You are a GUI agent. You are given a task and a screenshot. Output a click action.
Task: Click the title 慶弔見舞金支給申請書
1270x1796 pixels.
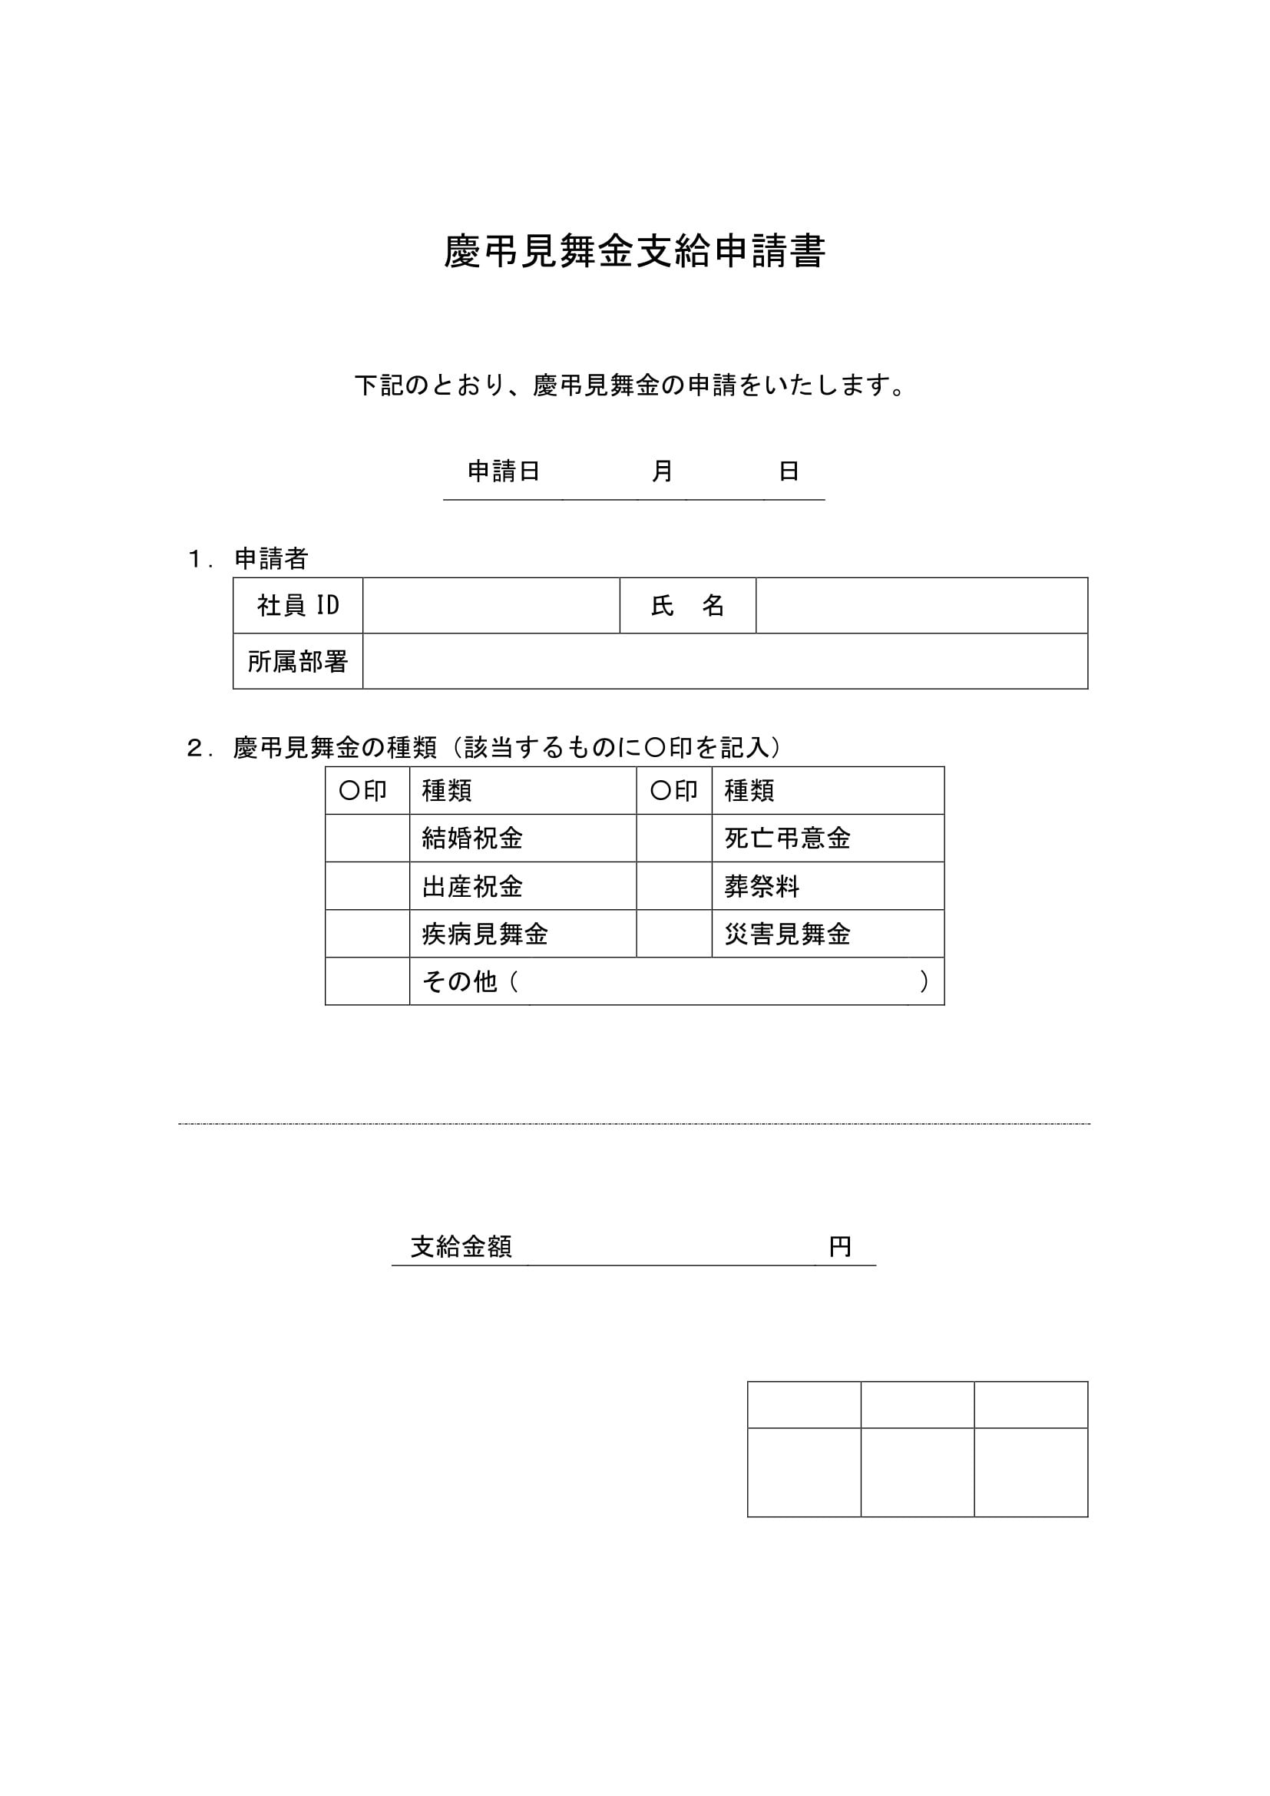pyautogui.click(x=634, y=253)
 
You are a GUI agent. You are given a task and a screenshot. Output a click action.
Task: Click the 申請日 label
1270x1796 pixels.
pyautogui.click(x=504, y=471)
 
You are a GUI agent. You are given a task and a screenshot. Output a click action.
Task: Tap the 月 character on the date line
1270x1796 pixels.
pyautogui.click(x=663, y=471)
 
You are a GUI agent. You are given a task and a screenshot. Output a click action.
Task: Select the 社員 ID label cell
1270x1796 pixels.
pyautogui.click(x=298, y=605)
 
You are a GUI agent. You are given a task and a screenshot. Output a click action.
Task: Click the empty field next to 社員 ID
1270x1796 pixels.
pyautogui.click(x=491, y=605)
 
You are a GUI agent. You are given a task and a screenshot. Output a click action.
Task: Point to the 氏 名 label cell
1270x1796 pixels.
pyautogui.click(x=687, y=605)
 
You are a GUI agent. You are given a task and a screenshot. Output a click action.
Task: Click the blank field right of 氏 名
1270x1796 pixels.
pyautogui.click(x=921, y=605)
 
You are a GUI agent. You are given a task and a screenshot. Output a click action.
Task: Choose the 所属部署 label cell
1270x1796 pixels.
pyautogui.click(x=298, y=662)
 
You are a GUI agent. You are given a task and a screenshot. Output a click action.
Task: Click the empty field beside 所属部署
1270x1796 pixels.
pyautogui.click(x=725, y=662)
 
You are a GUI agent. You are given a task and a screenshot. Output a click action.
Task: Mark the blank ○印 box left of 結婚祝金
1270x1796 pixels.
pyautogui.click(x=368, y=838)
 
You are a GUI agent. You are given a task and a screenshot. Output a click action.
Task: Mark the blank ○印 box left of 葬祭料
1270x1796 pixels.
pyautogui.click(x=674, y=886)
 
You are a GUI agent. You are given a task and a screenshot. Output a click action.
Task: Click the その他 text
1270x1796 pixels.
pyautogui.click(x=460, y=982)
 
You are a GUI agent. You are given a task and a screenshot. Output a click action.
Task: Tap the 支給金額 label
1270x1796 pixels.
pyautogui.click(x=461, y=1247)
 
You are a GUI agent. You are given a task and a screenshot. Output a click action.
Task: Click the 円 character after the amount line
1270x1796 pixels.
pyautogui.click(x=841, y=1247)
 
